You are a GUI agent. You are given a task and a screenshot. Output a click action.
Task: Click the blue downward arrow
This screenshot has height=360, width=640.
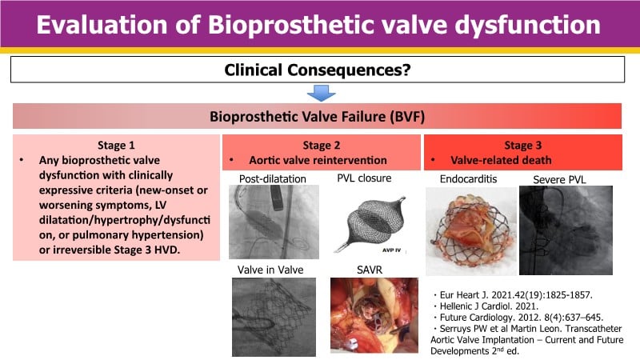[322, 93]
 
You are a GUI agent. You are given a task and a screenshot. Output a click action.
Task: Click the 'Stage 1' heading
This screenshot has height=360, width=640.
[116, 146]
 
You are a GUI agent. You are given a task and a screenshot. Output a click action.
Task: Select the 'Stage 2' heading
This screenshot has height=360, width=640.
[322, 146]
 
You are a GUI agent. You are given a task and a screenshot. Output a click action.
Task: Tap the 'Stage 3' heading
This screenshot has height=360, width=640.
[523, 146]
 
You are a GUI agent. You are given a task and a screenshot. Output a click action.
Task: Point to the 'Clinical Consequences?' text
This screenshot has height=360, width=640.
[318, 70]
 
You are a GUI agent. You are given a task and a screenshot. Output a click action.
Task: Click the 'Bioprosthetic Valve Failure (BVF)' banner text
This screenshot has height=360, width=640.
[317, 117]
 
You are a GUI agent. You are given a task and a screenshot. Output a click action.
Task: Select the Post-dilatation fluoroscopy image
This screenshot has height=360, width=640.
[274, 222]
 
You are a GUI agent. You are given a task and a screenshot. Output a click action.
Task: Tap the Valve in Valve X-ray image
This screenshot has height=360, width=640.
[274, 317]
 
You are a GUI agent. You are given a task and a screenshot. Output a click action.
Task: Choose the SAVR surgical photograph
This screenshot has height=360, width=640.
[374, 315]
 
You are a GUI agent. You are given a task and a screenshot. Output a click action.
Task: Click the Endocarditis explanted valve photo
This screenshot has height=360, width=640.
[471, 231]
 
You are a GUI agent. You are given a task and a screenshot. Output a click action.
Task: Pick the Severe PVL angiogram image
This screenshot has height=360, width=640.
[566, 230]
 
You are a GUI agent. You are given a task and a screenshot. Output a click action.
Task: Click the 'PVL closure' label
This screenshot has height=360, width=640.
[364, 178]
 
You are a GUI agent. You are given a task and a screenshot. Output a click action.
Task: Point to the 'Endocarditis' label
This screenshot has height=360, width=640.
[468, 179]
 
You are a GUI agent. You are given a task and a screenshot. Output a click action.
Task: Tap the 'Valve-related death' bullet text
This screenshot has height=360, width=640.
[501, 161]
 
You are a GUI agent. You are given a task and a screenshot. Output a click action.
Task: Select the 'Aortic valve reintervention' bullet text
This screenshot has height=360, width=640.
[318, 161]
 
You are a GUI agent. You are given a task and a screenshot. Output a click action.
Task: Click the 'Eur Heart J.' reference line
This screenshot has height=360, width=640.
[513, 295]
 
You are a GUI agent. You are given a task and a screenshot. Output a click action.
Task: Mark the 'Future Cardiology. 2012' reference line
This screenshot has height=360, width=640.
[518, 318]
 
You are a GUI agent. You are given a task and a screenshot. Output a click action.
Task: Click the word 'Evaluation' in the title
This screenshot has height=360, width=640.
[102, 25]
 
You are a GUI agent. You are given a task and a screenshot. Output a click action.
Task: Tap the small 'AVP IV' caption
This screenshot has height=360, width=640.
[391, 250]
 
